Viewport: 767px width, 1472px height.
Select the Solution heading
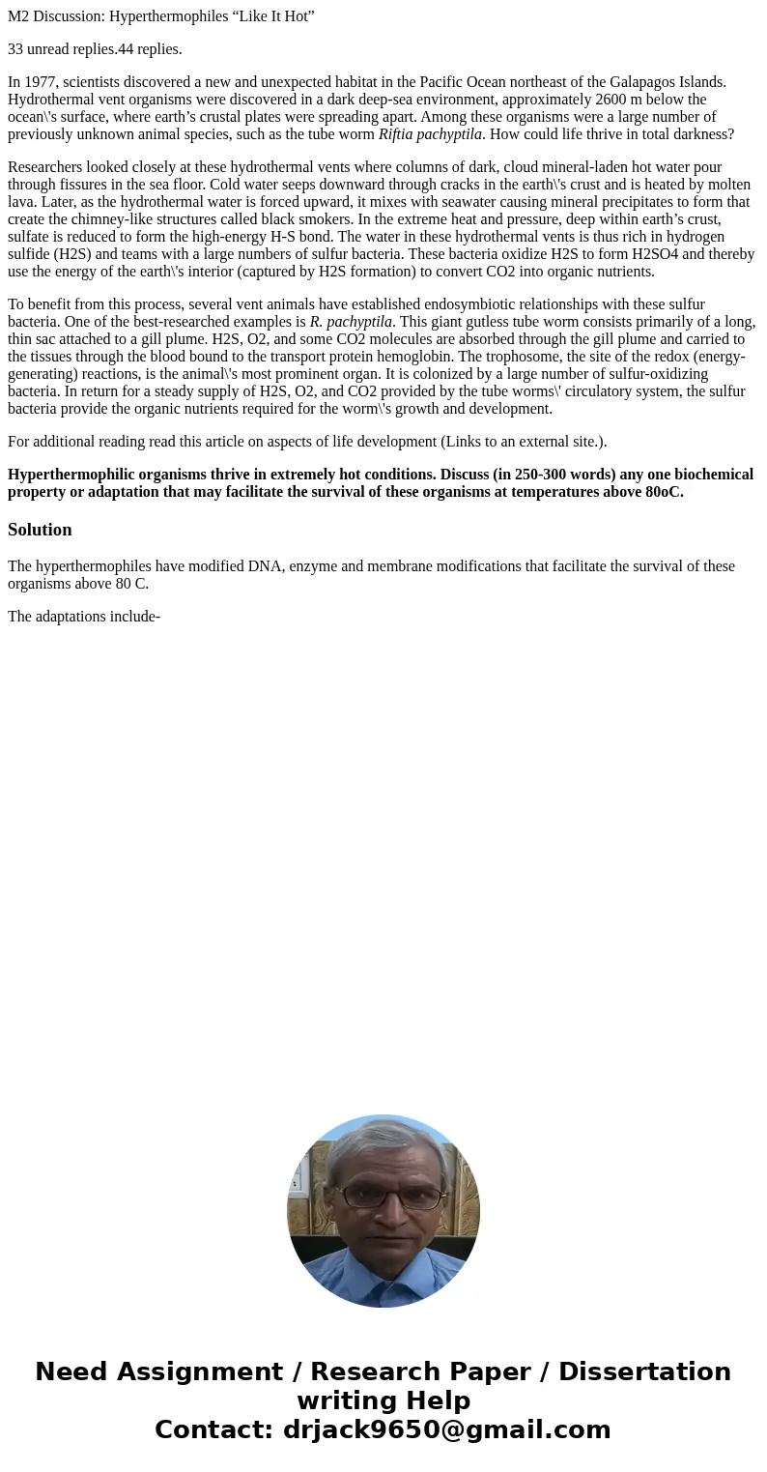coord(40,530)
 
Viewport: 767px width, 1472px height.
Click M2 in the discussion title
coord(17,15)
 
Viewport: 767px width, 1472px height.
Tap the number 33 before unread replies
coord(15,48)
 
